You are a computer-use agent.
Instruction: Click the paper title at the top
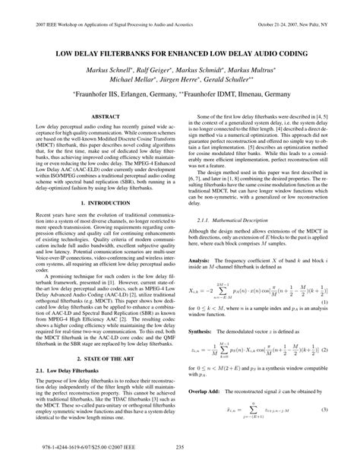click(180, 55)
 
